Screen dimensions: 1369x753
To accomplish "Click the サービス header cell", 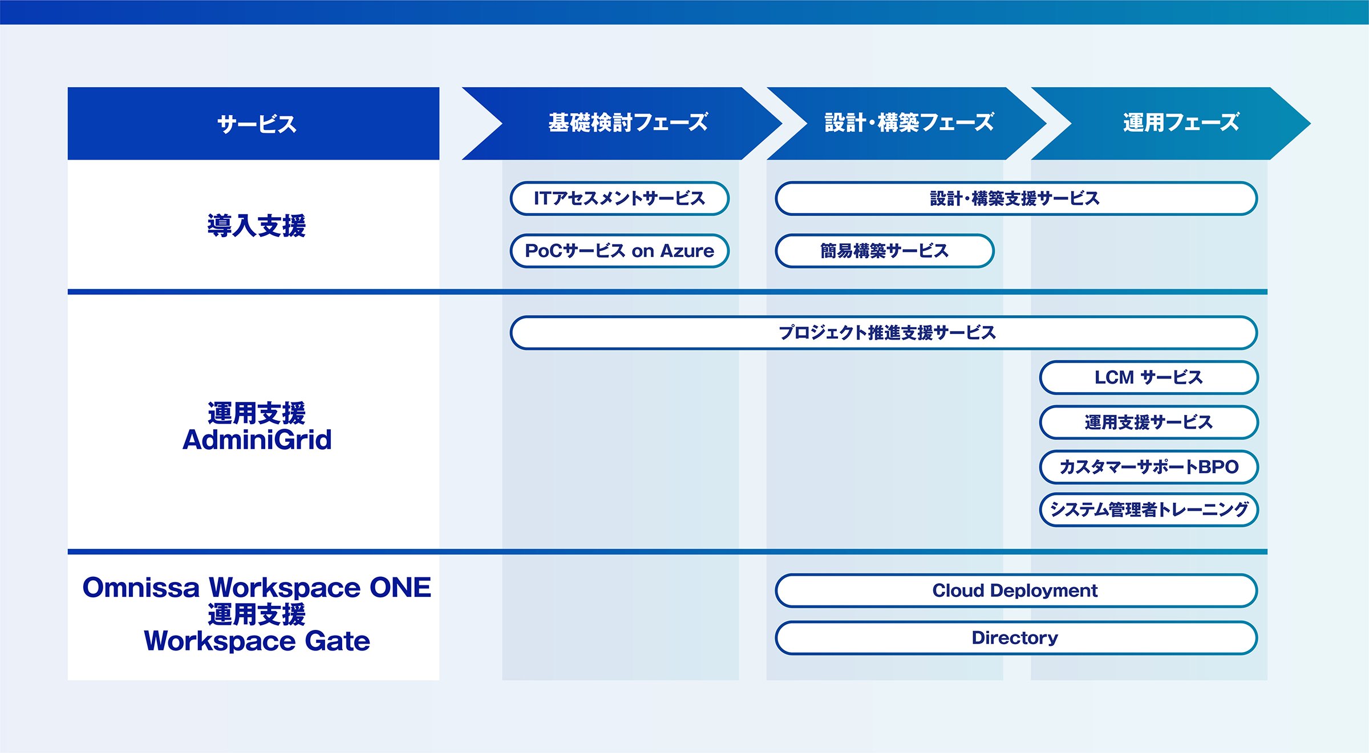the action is coord(253,123).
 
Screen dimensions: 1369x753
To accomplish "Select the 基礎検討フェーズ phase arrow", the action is coord(622,123).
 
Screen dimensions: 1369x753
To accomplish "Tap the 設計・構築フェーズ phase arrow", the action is coord(907,123).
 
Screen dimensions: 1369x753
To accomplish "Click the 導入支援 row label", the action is coord(257,225).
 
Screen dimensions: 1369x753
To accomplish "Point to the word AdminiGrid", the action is coord(257,439).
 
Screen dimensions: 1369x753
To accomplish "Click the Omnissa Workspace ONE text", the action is coord(257,588).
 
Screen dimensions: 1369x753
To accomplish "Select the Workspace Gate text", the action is coord(257,641).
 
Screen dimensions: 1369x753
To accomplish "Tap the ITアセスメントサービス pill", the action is coord(619,198).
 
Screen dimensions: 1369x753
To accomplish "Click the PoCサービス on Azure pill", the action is coord(619,251).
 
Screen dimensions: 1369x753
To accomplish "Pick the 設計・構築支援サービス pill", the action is coord(1016,198).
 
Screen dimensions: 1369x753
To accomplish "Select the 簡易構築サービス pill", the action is coord(885,251).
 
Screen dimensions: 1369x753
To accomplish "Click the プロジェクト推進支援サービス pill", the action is coord(884,332).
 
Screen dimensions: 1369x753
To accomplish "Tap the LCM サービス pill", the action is coord(1149,377).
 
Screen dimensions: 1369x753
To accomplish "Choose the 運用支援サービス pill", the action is coord(1149,422).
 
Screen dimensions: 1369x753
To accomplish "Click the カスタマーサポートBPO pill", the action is coord(1149,467).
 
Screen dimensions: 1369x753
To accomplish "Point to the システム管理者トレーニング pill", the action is coord(1149,510).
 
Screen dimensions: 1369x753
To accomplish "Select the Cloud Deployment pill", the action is coord(1016,591).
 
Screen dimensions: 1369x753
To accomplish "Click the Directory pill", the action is coord(1016,638).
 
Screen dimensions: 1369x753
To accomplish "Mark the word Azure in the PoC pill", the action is coord(687,251).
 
